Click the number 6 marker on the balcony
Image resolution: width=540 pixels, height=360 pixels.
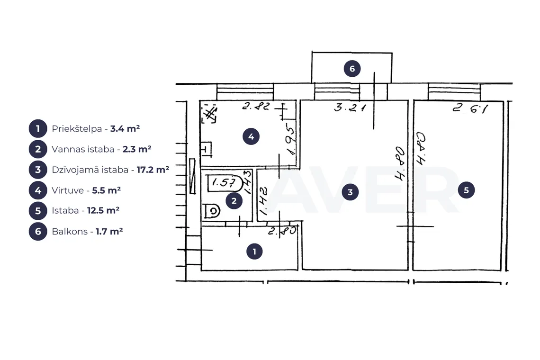[352, 69]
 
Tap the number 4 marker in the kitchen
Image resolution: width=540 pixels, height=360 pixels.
[251, 136]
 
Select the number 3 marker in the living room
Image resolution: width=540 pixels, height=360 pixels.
[350, 192]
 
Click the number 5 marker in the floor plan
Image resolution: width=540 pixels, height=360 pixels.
[466, 190]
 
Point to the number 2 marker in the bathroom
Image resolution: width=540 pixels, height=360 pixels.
[234, 201]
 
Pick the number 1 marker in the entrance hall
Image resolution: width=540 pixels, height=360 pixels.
[254, 252]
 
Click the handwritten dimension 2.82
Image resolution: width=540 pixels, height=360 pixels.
[256, 106]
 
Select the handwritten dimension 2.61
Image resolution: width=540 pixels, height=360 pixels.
[470, 108]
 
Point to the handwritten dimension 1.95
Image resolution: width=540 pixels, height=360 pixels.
[291, 141]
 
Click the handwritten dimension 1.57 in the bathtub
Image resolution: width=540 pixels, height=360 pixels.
[224, 182]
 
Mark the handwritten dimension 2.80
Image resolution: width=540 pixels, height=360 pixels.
[282, 231]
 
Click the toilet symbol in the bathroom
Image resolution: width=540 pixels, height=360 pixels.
[212, 211]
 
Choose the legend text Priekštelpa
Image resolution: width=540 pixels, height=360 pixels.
[77, 129]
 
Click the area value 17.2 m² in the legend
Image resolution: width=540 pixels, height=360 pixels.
[153, 170]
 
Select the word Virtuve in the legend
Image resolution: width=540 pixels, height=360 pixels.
[68, 190]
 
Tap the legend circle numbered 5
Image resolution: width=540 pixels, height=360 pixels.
[38, 211]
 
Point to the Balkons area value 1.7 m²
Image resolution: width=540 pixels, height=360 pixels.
[109, 231]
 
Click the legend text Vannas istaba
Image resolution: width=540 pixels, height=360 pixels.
[83, 149]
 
